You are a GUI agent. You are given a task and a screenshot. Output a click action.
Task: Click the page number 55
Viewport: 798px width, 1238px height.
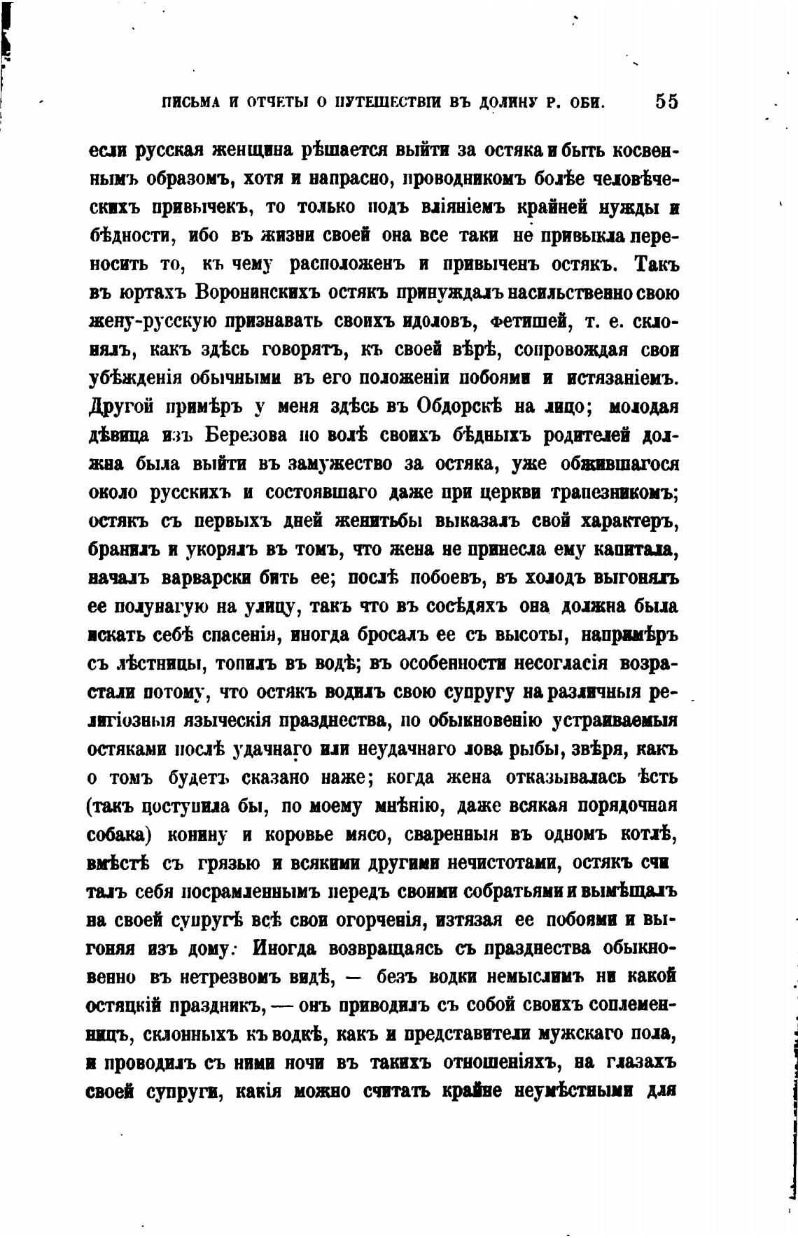(666, 101)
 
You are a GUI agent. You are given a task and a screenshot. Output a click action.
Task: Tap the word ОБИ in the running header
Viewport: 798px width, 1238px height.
(587, 102)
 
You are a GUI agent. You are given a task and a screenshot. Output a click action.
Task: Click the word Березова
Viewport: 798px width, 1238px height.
(246, 435)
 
